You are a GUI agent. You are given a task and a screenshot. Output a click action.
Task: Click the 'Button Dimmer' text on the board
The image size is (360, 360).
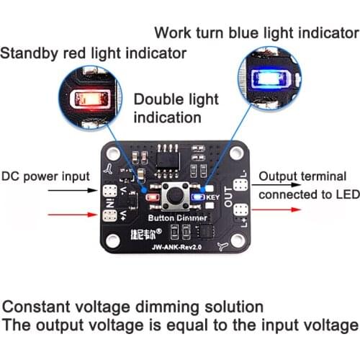[x=177, y=217]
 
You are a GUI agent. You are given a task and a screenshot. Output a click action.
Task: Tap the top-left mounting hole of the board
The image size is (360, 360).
[x=113, y=153]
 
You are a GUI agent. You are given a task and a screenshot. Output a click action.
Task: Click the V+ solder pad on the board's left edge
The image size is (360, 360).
[x=110, y=214]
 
